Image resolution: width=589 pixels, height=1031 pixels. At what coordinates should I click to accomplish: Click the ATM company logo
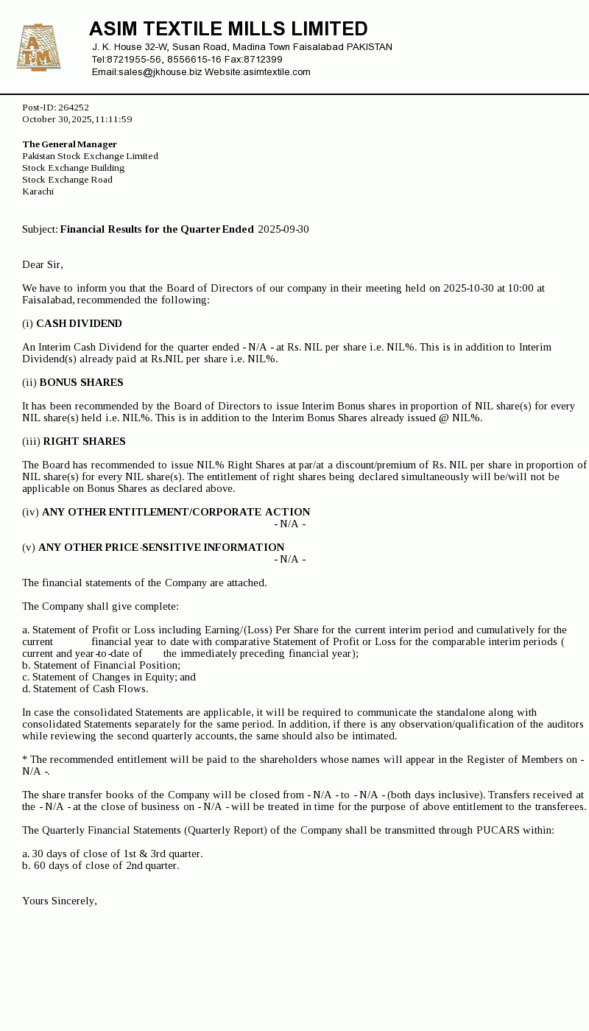click(x=38, y=48)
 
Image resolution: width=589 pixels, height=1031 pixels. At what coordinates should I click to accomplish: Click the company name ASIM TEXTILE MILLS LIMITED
click(x=228, y=29)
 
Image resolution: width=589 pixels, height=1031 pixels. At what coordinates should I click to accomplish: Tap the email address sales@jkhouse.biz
click(x=160, y=72)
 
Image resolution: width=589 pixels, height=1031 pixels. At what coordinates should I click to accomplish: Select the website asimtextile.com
click(x=277, y=72)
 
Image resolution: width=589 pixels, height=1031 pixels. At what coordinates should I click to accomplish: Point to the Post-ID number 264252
click(x=74, y=108)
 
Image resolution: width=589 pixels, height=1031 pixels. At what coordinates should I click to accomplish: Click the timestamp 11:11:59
click(x=113, y=119)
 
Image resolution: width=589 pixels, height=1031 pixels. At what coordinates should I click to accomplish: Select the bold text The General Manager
click(x=70, y=144)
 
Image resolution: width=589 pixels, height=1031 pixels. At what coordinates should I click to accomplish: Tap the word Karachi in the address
click(x=38, y=191)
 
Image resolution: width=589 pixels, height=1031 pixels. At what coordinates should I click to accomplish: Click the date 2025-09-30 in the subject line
click(x=283, y=229)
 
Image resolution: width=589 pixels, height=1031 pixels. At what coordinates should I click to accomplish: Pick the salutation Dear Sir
click(x=43, y=264)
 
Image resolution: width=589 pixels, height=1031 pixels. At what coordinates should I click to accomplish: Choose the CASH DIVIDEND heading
click(x=79, y=323)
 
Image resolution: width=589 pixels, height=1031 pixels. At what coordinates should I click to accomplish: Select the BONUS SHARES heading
click(x=81, y=382)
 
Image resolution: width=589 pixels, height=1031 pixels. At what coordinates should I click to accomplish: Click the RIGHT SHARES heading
click(x=84, y=441)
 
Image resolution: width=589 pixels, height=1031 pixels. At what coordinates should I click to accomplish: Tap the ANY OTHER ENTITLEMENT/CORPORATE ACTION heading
click(x=176, y=512)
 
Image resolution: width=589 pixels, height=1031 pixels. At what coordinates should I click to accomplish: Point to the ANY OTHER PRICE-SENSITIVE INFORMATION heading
click(x=161, y=547)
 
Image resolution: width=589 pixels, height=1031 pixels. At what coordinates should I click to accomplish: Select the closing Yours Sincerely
click(x=60, y=901)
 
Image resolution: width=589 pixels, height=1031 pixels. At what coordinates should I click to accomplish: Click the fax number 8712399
click(x=263, y=60)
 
